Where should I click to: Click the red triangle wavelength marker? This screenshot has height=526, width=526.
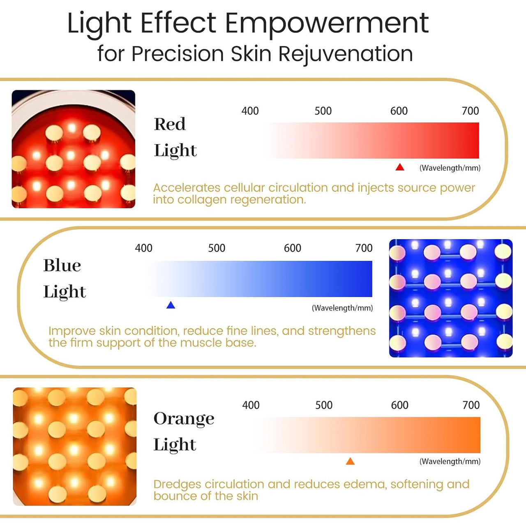400,167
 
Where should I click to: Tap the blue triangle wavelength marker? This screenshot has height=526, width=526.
171,305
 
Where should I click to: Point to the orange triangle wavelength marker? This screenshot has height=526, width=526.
350,461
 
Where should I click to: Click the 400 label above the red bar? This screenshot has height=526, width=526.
250,111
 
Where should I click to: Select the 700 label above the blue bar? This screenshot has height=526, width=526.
364,248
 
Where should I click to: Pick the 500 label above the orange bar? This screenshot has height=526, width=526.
324,405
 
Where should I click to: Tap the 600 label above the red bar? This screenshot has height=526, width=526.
399,111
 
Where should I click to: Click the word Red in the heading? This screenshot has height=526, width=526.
170,124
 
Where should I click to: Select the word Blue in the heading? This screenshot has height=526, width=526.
62,265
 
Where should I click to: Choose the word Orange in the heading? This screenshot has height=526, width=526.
184,419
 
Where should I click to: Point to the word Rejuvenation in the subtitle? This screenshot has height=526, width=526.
346,54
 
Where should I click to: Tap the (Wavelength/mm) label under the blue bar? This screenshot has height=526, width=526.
342,308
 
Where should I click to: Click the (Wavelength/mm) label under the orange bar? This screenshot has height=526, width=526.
450,461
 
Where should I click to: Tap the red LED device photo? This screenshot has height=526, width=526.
74,149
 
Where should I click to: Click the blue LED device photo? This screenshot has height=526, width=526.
451,298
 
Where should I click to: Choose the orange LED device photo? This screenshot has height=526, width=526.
75,446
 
